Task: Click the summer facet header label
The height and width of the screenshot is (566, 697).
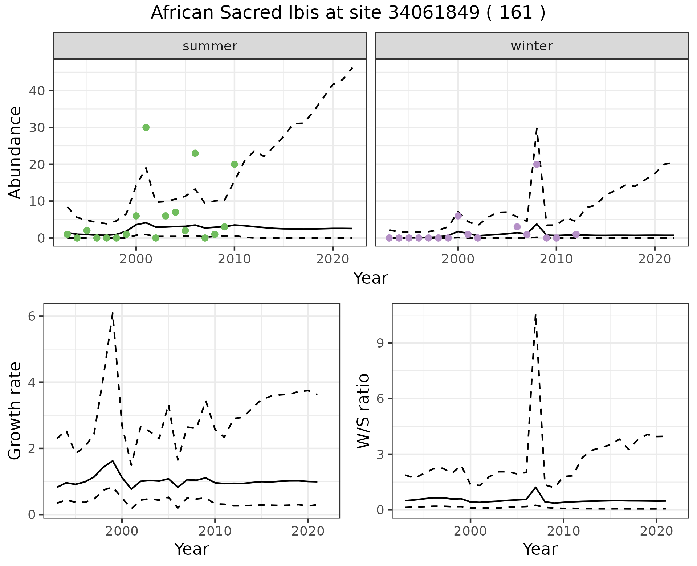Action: click(x=210, y=46)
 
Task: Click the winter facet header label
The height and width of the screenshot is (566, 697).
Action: click(x=531, y=46)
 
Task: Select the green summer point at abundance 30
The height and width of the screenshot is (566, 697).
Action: click(x=146, y=127)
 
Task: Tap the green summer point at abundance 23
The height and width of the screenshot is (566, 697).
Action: click(x=195, y=153)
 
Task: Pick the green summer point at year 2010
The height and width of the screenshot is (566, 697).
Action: click(x=235, y=164)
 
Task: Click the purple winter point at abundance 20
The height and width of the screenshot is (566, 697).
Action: click(x=537, y=164)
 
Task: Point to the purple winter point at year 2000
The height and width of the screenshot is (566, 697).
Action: click(x=458, y=216)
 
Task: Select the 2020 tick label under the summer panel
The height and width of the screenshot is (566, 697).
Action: click(x=333, y=259)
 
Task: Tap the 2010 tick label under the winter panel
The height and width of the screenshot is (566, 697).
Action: click(x=556, y=259)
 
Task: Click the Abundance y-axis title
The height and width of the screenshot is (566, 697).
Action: click(x=15, y=152)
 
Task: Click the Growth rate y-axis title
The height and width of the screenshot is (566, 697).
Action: click(x=15, y=411)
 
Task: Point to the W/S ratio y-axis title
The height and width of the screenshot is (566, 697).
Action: click(x=363, y=411)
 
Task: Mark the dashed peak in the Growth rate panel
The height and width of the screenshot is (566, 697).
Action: click(x=113, y=313)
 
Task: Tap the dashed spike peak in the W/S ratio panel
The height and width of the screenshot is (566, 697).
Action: click(x=535, y=315)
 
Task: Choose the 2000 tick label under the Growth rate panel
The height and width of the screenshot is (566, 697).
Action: click(x=122, y=532)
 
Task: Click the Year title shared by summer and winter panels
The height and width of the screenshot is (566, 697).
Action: click(x=371, y=278)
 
